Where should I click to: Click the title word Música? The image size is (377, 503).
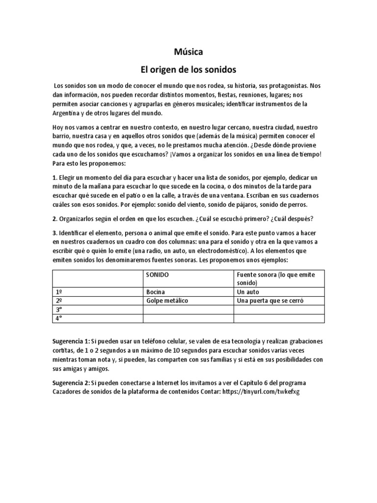[188, 52]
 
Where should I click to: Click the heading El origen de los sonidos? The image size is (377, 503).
[188, 69]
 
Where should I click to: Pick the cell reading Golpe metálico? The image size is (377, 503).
[167, 301]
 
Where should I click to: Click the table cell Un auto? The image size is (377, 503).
[248, 292]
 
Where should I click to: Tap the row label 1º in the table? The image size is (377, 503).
[60, 292]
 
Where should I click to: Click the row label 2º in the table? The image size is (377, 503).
[60, 301]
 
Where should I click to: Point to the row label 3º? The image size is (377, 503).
[60, 309]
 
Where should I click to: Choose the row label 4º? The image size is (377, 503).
[60, 318]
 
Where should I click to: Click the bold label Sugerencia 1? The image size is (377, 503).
[71, 341]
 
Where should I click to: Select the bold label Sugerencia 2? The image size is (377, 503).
[71, 383]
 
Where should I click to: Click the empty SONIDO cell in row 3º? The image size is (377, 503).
[188, 309]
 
